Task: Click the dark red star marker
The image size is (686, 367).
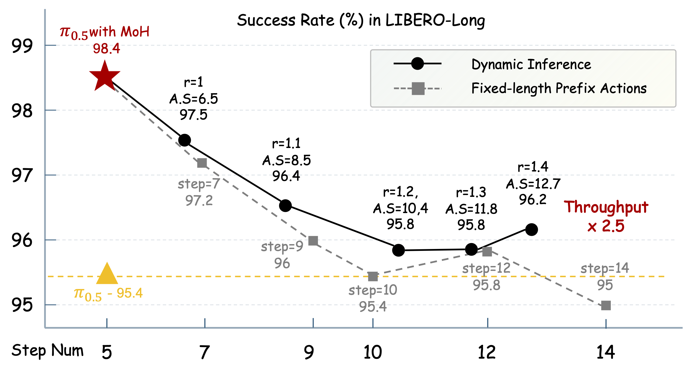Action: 105,76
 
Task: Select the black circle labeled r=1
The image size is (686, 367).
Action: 185,140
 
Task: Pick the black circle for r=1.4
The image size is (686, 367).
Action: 531,230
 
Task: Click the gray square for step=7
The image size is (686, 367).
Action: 202,163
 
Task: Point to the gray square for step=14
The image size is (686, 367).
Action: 606,306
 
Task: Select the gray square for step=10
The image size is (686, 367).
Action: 373,277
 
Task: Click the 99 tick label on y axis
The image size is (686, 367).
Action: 22,46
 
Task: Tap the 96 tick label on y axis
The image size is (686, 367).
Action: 22,240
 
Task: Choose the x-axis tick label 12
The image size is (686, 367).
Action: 487,352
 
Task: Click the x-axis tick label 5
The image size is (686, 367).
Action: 107,352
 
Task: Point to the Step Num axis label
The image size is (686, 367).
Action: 48,351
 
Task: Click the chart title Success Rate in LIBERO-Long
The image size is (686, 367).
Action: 361,21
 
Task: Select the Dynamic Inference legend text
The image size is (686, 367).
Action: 531,65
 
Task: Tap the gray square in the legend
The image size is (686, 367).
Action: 418,89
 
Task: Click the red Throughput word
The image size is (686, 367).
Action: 606,207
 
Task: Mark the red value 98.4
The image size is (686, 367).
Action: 106,49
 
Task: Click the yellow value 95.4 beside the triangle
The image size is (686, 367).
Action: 130,293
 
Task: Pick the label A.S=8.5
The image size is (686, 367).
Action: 287,160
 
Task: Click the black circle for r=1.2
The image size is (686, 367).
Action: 399,250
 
